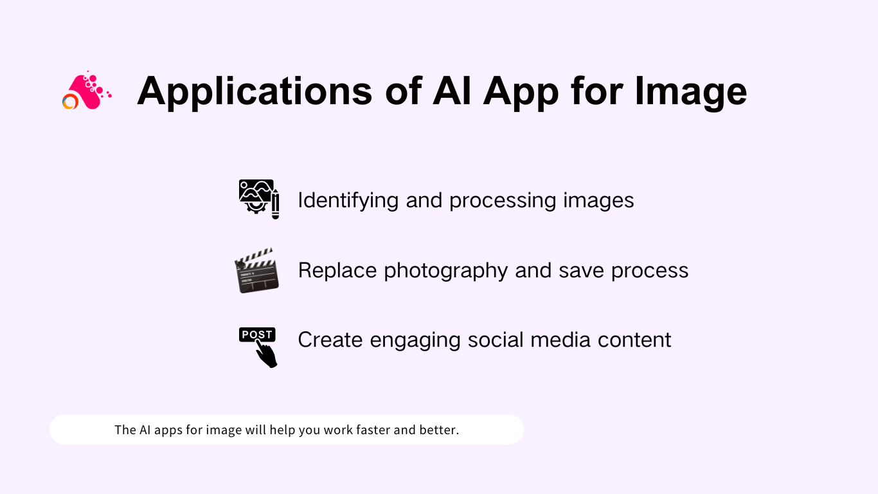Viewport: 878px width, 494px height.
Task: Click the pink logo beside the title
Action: coord(86,91)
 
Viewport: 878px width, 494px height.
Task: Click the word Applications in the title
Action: coord(255,91)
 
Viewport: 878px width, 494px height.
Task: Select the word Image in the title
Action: coord(690,91)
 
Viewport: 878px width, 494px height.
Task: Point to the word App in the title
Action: coord(521,91)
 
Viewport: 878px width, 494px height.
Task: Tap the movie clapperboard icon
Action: coord(257,270)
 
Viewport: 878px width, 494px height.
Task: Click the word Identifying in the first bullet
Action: coord(348,200)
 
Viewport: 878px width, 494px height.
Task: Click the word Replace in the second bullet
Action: coord(338,270)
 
